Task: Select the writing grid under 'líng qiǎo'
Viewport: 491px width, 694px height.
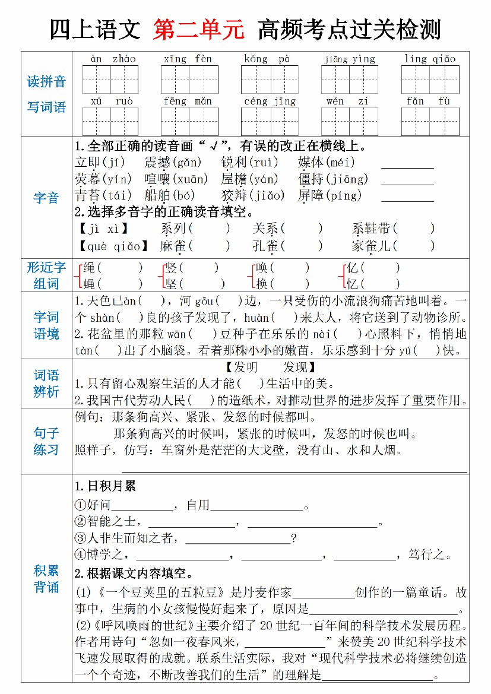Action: [x=430, y=80]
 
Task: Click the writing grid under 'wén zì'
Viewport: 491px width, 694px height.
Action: [x=349, y=121]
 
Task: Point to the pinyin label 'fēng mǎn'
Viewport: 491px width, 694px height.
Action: [x=188, y=101]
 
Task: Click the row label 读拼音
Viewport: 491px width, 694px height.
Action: [x=46, y=81]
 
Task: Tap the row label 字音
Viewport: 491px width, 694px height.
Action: [x=46, y=198]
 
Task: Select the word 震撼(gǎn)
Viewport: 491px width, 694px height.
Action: [x=173, y=162]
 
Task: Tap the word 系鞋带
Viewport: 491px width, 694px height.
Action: [x=372, y=229]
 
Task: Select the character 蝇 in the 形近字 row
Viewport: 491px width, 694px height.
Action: [x=90, y=284]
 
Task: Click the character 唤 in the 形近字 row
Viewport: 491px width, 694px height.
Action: [x=261, y=268]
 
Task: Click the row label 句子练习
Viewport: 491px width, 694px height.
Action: [x=46, y=441]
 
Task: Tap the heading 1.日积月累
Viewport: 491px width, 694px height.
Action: [x=105, y=486]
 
